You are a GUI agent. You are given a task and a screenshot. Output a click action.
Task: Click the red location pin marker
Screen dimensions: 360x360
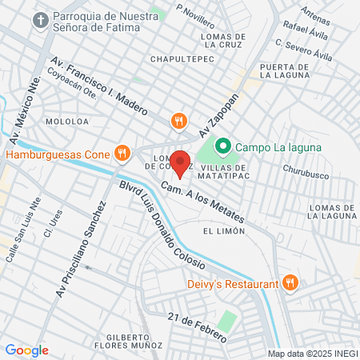click(181, 163)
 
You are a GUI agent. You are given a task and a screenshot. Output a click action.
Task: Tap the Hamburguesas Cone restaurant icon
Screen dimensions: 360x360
click(122, 152)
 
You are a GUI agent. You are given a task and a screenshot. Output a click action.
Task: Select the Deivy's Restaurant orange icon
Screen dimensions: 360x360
click(291, 282)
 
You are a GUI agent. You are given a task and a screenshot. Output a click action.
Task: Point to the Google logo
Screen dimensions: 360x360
click(26, 350)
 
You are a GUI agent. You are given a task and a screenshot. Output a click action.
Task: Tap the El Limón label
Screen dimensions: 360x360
click(222, 230)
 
